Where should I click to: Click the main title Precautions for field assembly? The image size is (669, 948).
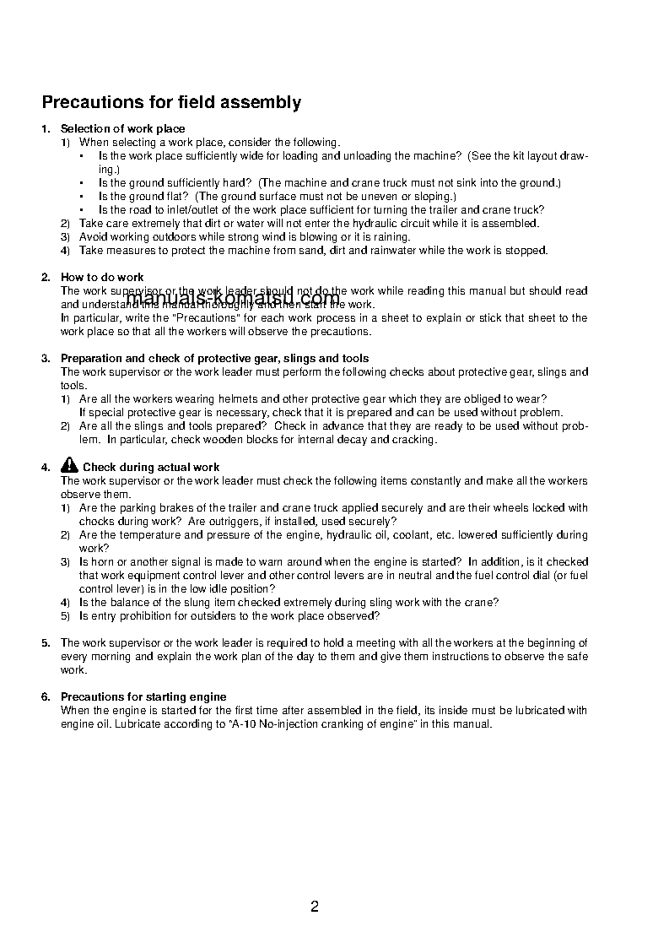pyautogui.click(x=171, y=103)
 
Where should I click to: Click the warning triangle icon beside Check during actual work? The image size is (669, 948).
pyautogui.click(x=69, y=466)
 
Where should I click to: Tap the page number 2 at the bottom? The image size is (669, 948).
pyautogui.click(x=315, y=907)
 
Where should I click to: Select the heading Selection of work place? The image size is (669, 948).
pyautogui.click(x=122, y=128)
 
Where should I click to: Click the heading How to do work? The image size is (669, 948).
pyautogui.click(x=102, y=277)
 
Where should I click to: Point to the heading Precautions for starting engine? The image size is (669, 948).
pyautogui.click(x=143, y=696)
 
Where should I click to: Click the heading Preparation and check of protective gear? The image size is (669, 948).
pyautogui.click(x=214, y=358)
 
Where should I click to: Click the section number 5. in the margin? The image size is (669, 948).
pyautogui.click(x=46, y=642)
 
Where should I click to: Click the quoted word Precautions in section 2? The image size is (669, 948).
pyautogui.click(x=184, y=317)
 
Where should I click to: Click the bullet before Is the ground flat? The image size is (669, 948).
pyautogui.click(x=82, y=196)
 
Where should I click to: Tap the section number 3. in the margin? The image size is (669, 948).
pyautogui.click(x=46, y=358)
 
